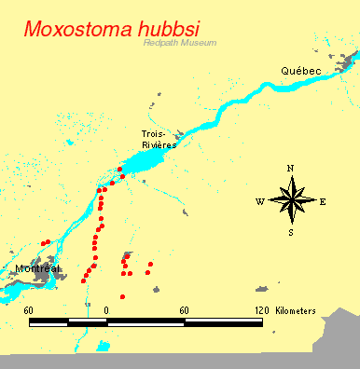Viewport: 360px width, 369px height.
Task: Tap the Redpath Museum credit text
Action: [180, 43]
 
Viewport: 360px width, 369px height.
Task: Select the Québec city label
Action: [301, 72]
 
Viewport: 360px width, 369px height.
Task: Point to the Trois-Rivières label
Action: [159, 139]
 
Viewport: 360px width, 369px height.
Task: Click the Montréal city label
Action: [37, 268]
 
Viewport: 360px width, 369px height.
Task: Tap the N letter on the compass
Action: [291, 169]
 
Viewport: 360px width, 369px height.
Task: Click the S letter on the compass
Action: [291, 232]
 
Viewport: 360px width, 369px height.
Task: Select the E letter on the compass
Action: [323, 201]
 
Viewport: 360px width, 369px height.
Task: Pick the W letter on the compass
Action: [259, 201]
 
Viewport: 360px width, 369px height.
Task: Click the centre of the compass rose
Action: [291, 200]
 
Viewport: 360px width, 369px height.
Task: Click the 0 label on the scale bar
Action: [106, 309]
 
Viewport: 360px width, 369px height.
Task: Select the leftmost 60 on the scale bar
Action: [29, 309]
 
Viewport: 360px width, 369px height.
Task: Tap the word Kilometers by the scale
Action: [296, 309]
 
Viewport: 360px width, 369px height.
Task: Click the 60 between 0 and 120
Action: [185, 309]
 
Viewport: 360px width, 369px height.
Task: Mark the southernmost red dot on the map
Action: [122, 297]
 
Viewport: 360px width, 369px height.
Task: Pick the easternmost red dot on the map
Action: [150, 265]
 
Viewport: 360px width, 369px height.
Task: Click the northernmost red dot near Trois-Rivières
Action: [120, 169]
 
